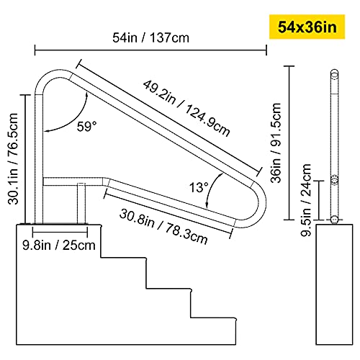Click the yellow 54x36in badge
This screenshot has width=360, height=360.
click(307, 27)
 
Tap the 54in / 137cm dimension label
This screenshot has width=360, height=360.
click(151, 37)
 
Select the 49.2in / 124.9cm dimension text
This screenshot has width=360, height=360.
click(186, 109)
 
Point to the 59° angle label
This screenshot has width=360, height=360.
click(86, 126)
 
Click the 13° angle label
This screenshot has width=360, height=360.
click(199, 187)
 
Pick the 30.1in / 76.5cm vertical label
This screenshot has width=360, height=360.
click(13, 158)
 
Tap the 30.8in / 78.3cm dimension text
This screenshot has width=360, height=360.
click(163, 227)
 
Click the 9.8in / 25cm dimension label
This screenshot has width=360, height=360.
click(59, 245)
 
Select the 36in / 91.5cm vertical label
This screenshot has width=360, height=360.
click(276, 143)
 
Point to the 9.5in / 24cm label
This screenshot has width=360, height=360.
click(306, 200)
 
